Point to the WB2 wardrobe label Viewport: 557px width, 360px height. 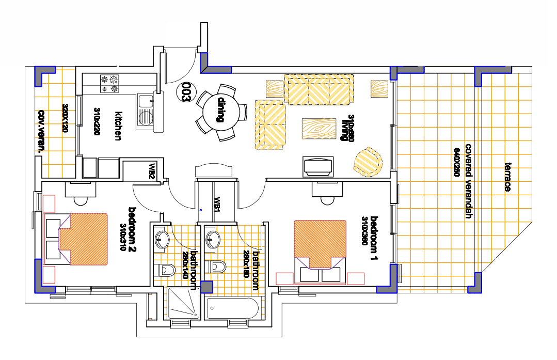pyautogui.click(x=152, y=170)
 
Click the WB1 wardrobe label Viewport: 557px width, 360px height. pyautogui.click(x=217, y=204)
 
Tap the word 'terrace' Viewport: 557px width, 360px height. pyautogui.click(x=508, y=177)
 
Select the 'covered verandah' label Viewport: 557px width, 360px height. pyautogui.click(x=469, y=181)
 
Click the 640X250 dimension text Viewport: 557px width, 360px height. pyautogui.click(x=457, y=162)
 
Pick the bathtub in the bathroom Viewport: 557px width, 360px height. pyautogui.click(x=233, y=308)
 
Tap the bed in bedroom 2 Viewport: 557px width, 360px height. pyautogui.click(x=76, y=239)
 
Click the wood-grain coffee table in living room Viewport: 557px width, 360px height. pyautogui.click(x=319, y=129)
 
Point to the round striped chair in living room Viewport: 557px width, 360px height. pyautogui.click(x=368, y=162)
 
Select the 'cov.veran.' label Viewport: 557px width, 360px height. pyautogui.click(x=42, y=132)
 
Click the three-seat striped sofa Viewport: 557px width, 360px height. pyautogui.click(x=319, y=89)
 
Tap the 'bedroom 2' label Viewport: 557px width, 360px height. pyautogui.click(x=132, y=230)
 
